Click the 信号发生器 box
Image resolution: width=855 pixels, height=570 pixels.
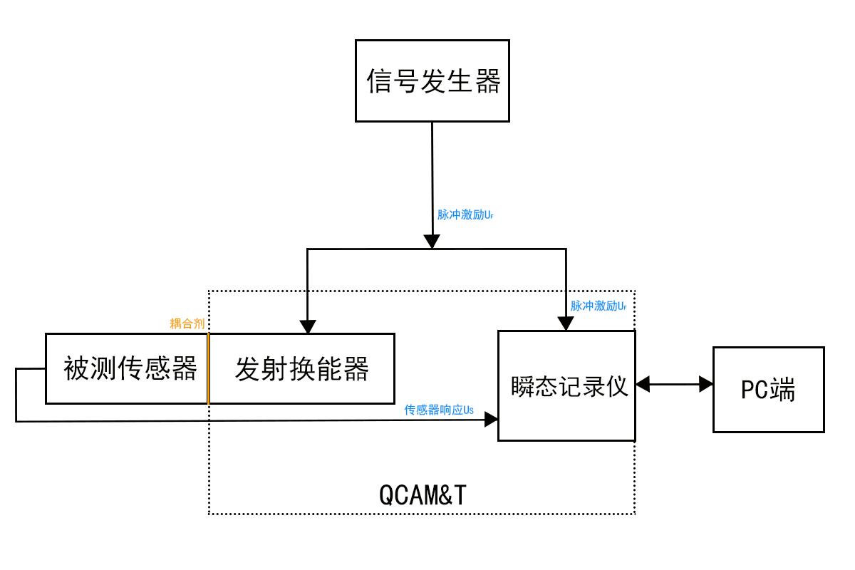click(x=432, y=81)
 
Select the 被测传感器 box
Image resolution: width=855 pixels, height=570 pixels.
click(x=127, y=368)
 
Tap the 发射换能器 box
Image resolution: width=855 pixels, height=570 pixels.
click(x=302, y=368)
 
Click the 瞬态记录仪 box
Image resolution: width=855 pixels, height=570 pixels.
click(x=566, y=385)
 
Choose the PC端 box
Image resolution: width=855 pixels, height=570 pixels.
click(x=769, y=390)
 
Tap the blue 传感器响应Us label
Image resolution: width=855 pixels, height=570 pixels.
click(x=439, y=410)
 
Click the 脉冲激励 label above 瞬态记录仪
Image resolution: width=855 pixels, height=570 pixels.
click(x=598, y=306)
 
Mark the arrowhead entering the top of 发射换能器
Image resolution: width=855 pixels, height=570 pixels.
click(x=307, y=326)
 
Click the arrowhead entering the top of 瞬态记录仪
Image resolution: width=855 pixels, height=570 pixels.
click(x=566, y=323)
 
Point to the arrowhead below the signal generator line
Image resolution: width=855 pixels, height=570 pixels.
click(x=431, y=242)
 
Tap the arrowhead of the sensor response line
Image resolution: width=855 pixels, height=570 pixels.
click(x=491, y=420)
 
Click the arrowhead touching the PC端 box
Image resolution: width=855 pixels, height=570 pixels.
click(x=706, y=385)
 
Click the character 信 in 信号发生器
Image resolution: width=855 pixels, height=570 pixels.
click(x=380, y=81)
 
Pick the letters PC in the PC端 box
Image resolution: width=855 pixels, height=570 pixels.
click(x=755, y=390)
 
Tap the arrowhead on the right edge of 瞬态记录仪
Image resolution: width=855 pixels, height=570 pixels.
click(x=643, y=385)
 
